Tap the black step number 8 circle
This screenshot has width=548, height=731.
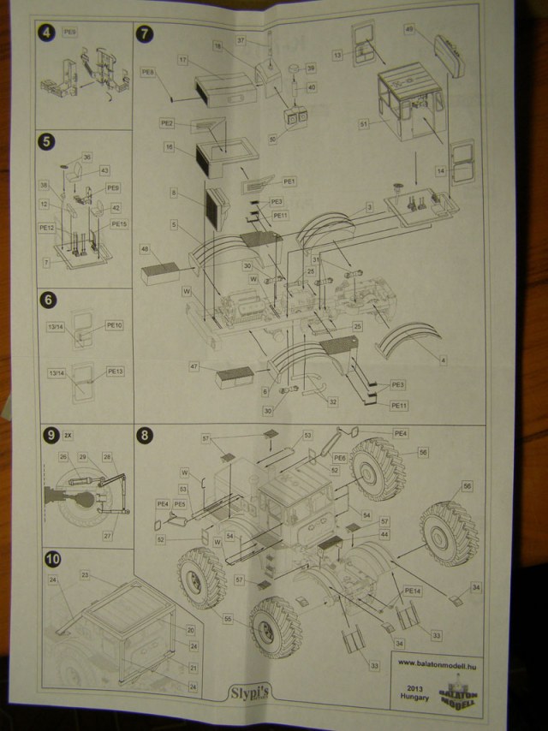[145, 435]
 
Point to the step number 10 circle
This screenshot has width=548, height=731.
[52, 559]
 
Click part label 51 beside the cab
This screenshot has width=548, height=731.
[364, 123]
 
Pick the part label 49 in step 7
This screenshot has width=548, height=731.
[409, 29]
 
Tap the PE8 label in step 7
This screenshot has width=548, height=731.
[147, 72]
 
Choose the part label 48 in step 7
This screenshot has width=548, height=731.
[146, 249]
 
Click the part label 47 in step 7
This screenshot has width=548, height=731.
[194, 366]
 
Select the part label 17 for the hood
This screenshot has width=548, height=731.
[182, 60]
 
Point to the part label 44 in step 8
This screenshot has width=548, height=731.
[384, 533]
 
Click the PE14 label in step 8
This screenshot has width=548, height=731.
[413, 591]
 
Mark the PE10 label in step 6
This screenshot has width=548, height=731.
[114, 326]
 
